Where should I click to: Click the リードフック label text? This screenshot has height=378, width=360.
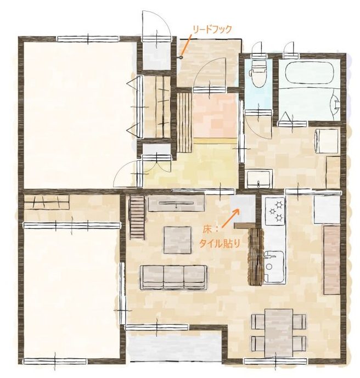(x=213, y=30)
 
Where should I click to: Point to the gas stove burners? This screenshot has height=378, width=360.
(x=275, y=211)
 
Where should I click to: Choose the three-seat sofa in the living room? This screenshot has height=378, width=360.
(x=173, y=277)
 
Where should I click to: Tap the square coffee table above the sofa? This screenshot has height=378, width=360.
(x=177, y=239)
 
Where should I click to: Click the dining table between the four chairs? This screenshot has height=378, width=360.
(x=279, y=332)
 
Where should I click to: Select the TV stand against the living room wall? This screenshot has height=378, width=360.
(x=176, y=205)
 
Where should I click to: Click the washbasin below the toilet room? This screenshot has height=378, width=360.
(x=258, y=179)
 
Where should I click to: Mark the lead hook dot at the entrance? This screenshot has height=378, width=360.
(x=181, y=57)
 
